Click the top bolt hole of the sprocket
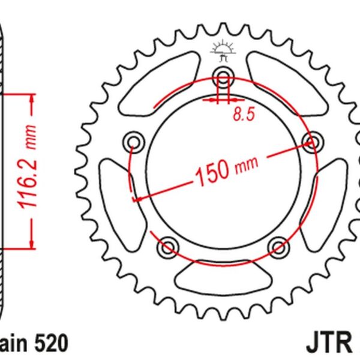(x=223, y=77)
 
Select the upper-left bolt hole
(x=133, y=142)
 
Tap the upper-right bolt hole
(x=311, y=142)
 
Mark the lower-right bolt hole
(x=277, y=246)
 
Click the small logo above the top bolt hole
(x=223, y=52)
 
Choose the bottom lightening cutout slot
(x=223, y=277)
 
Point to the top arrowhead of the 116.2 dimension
(x=29, y=98)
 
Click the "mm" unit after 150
(x=245, y=164)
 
